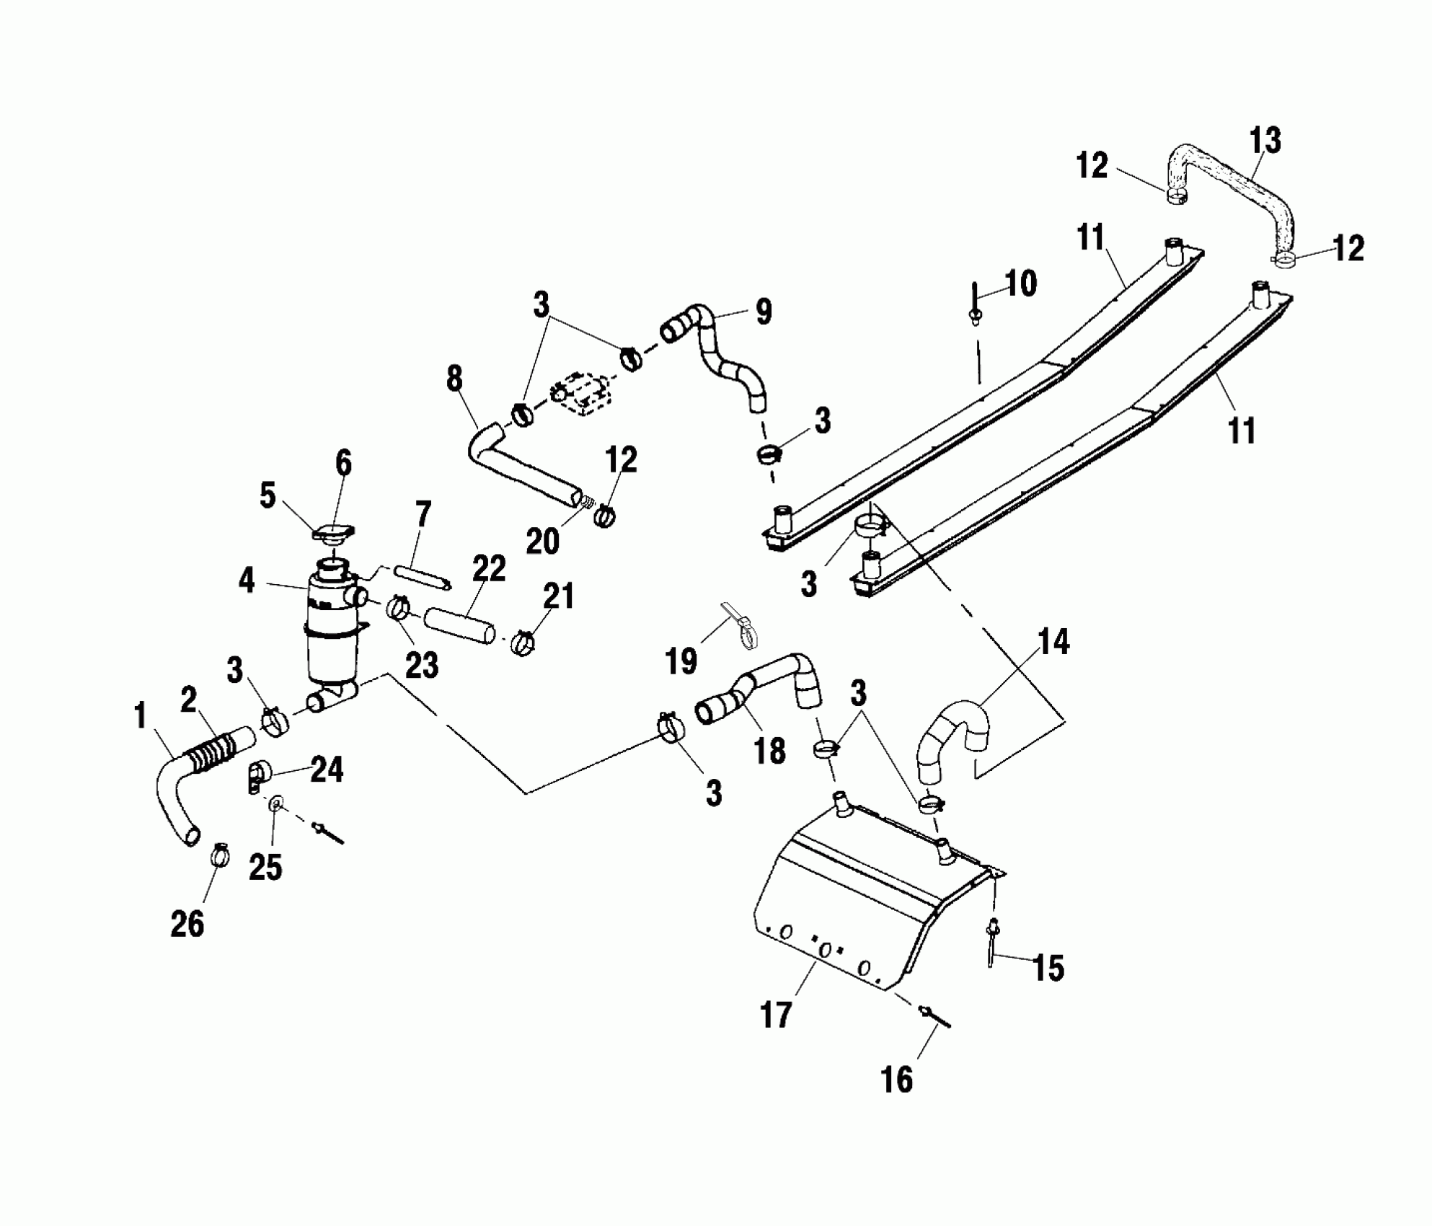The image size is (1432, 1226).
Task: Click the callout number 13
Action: [x=1265, y=141]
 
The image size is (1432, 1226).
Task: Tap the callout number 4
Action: [x=247, y=581]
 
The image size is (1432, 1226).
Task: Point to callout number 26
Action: [x=187, y=923]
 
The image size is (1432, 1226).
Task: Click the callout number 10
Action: [x=1020, y=283]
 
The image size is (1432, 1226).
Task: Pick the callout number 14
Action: [x=1053, y=643]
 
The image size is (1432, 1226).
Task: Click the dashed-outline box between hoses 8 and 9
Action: [x=583, y=392]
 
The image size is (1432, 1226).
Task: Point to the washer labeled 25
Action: [x=276, y=803]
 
